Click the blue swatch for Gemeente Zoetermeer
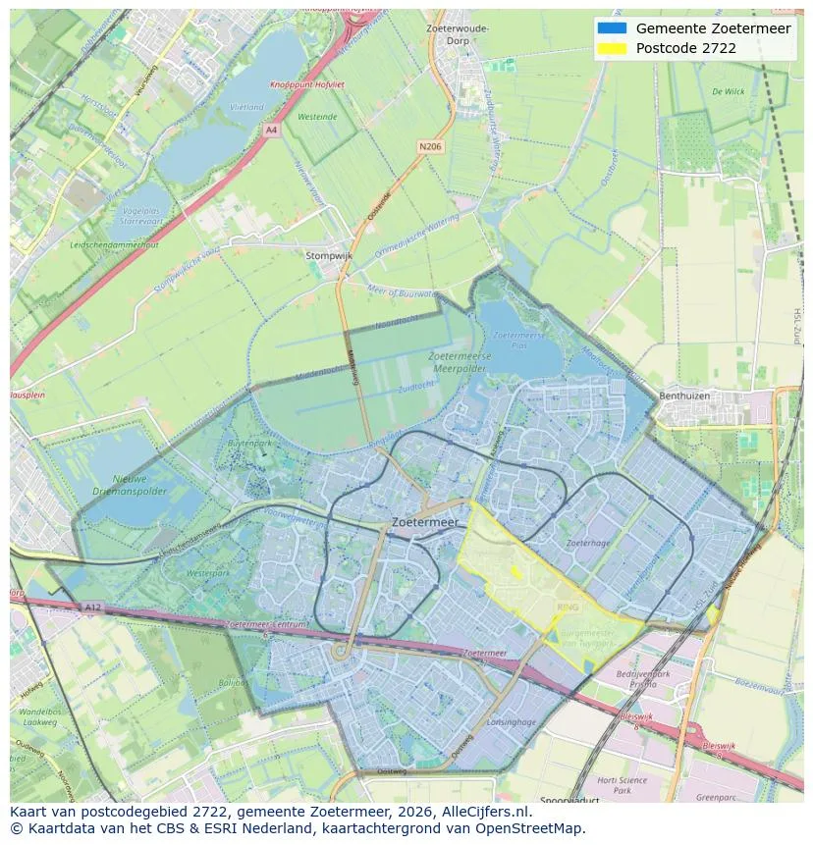coord(611,27)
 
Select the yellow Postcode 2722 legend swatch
coord(611,48)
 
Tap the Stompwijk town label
coord(329,255)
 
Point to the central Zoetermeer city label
coord(424,523)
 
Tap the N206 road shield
coord(429,146)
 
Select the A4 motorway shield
coord(272,129)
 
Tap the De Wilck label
coord(728,91)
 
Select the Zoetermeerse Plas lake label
coord(512,340)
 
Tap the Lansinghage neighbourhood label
coord(512,721)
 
